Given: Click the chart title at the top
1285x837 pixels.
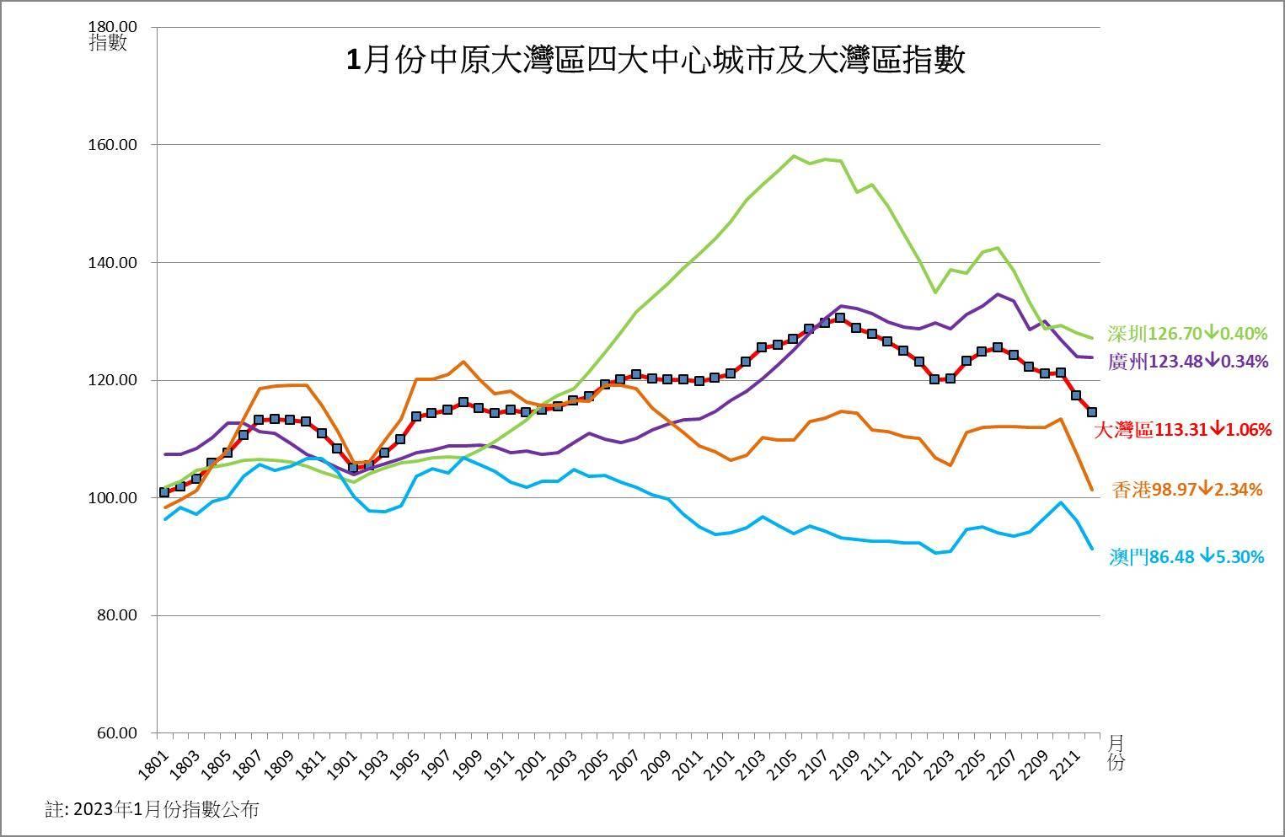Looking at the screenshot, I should (x=655, y=61).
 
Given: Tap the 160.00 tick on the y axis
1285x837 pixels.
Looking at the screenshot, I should (x=112, y=145).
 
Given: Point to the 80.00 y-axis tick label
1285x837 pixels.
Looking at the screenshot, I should (x=115, y=615).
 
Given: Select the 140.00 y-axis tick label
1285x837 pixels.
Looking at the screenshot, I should (x=112, y=263).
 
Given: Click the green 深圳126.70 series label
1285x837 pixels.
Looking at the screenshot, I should (x=1187, y=334).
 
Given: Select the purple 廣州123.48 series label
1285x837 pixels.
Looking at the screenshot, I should (x=1187, y=362).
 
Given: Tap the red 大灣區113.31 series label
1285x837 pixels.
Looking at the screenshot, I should (x=1182, y=430).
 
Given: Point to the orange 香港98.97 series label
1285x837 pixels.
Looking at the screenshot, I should (x=1187, y=490).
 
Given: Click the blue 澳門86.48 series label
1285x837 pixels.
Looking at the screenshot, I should (x=1186, y=557).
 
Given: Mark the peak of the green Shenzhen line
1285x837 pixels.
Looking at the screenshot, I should (x=793, y=156).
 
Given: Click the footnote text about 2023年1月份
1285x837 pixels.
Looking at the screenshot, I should (x=152, y=810).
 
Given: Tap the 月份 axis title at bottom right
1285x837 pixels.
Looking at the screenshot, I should (x=1116, y=753).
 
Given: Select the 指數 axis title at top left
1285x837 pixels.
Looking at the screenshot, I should (x=108, y=43).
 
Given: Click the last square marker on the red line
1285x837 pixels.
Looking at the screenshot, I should (x=1092, y=412).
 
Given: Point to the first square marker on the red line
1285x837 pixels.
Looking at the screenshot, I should (x=164, y=492).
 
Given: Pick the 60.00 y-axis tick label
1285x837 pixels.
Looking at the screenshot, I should (x=115, y=733).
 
